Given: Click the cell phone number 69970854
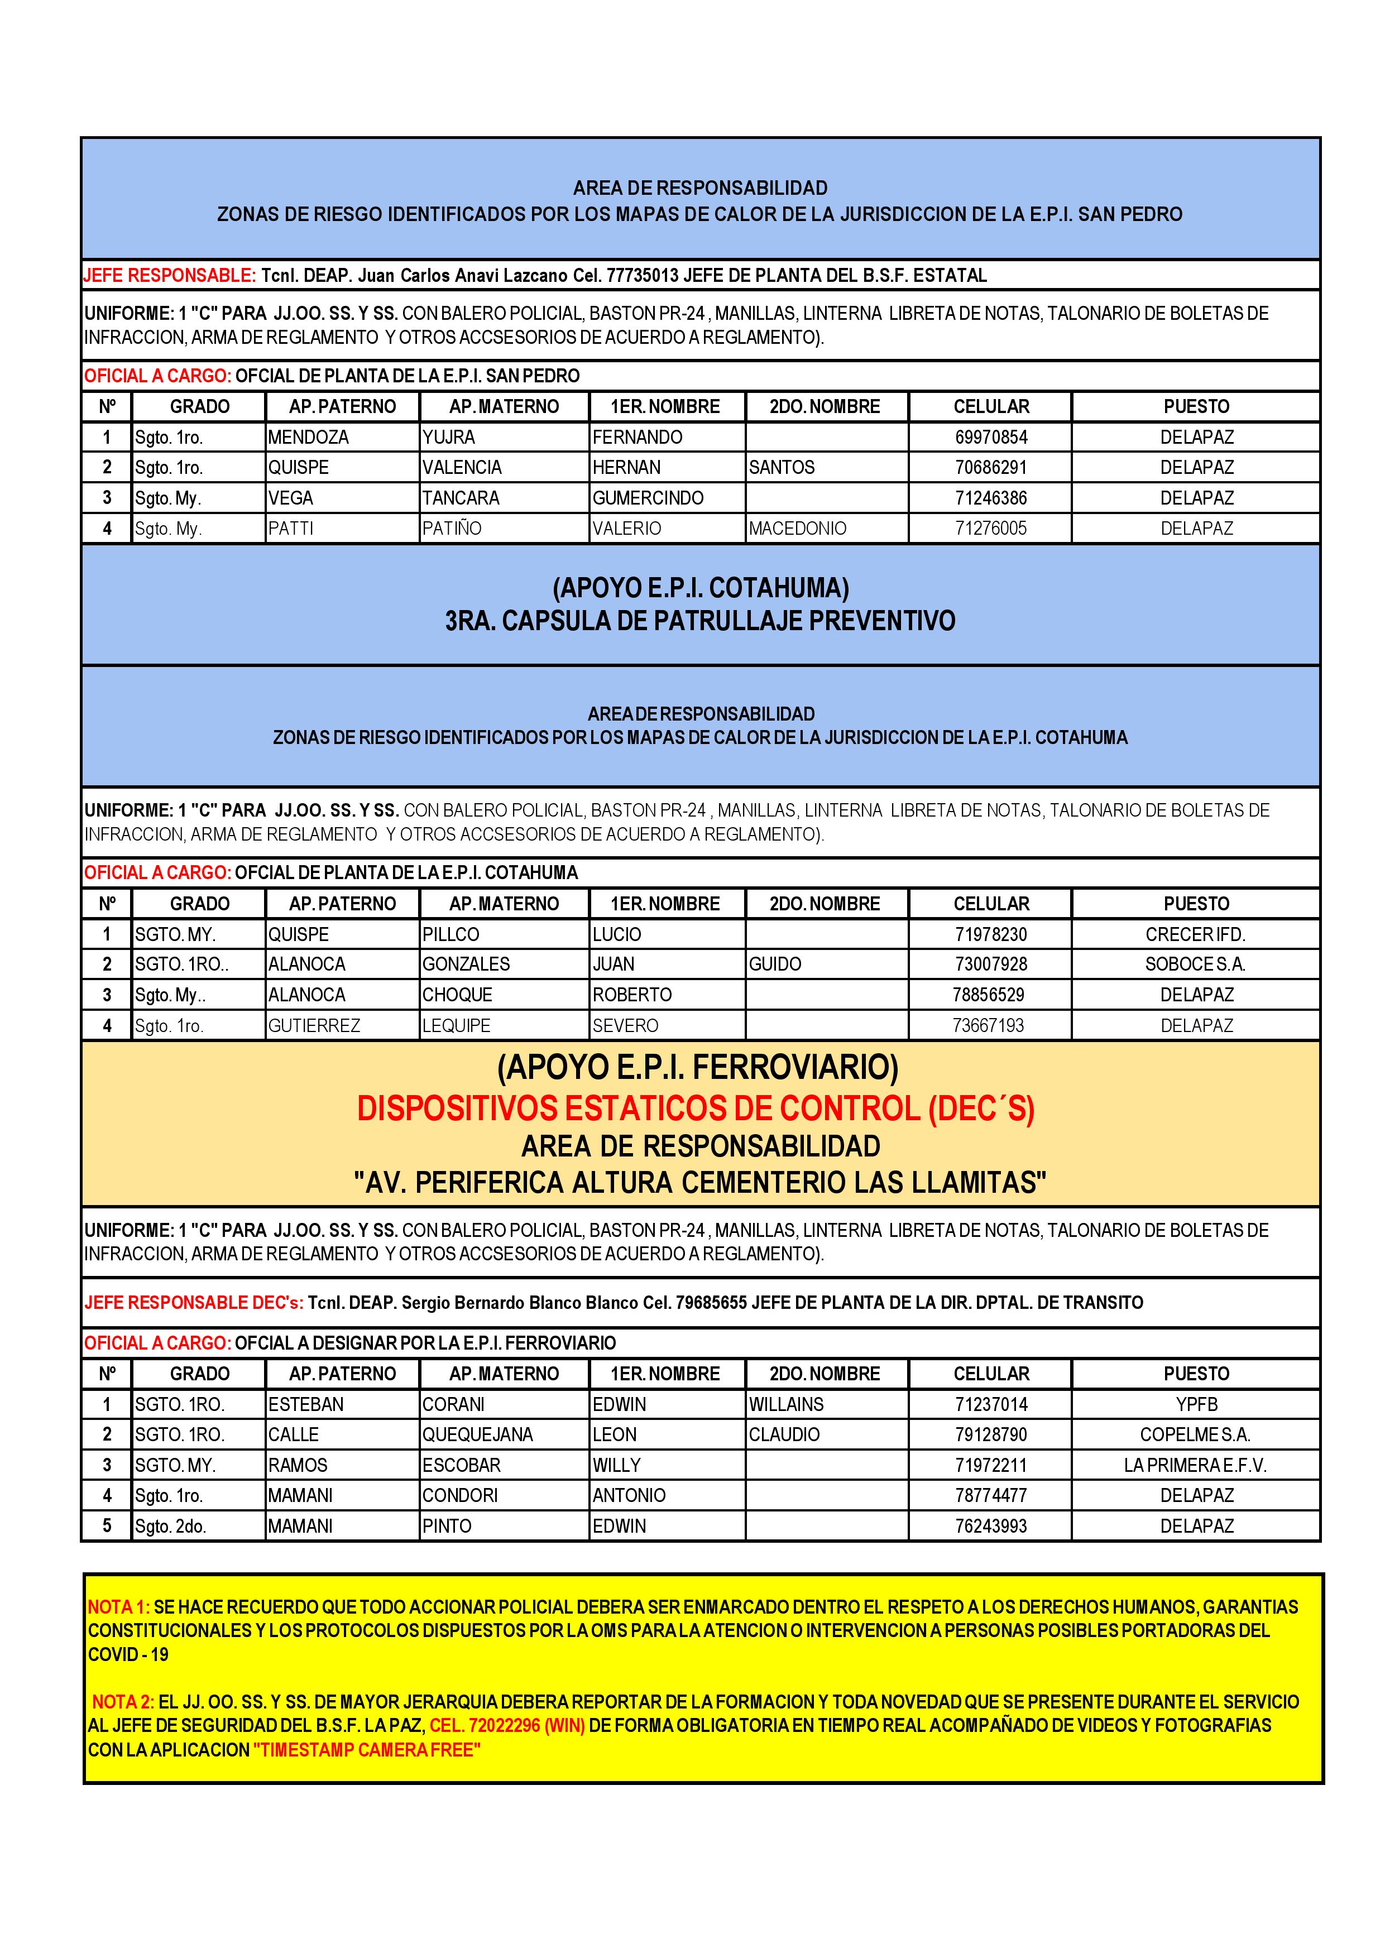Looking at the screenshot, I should coord(990,438).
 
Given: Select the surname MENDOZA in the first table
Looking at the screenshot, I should coord(308,438).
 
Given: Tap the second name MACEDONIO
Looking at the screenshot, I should coord(797,529).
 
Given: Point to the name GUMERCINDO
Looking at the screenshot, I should coord(648,498).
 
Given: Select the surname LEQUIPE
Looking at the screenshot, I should coord(456,1026).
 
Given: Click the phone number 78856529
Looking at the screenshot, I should coord(989,995).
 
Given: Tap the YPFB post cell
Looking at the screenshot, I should coord(1196,1404).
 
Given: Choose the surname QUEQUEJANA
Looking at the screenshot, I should coord(478,1435).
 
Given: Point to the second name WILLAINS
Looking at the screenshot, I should coord(787,1404).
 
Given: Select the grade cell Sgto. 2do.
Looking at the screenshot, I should coord(171,1527).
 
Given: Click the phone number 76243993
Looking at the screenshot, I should coord(990,1527).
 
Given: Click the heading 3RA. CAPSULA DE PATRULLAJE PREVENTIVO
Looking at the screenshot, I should coord(699,621).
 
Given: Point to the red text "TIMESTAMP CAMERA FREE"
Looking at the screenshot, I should coord(367,1750).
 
